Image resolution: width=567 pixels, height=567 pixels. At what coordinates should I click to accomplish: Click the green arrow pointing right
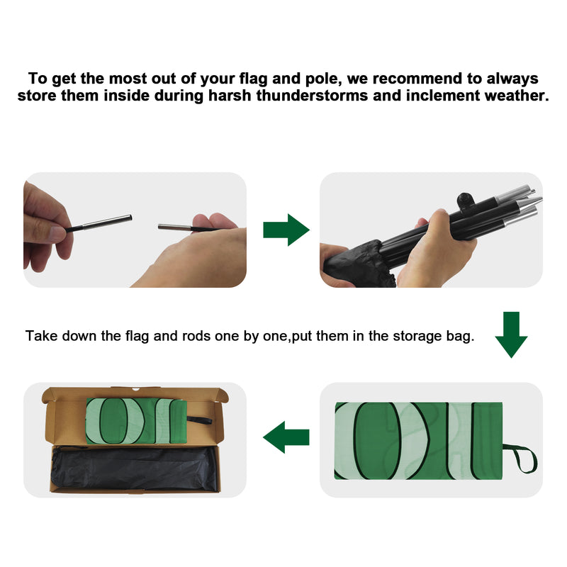tap(286, 230)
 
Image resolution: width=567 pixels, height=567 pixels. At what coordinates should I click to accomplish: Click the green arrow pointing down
tap(511, 335)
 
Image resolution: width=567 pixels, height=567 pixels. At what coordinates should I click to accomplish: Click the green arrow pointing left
tap(286, 437)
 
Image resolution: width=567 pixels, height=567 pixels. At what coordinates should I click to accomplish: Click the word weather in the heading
tap(516, 96)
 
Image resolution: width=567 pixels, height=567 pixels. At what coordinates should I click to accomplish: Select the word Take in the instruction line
tap(42, 336)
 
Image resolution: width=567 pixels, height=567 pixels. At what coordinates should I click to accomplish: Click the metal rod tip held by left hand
tap(108, 222)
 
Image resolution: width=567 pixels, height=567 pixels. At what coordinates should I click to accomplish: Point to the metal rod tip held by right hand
tap(174, 227)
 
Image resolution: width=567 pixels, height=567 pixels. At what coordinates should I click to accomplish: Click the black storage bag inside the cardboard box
tap(135, 469)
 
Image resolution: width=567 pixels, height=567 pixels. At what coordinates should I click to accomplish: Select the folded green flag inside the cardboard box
tap(136, 421)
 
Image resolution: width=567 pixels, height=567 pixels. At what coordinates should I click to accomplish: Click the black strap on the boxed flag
tap(199, 420)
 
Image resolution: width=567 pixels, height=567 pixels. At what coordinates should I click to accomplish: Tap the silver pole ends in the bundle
tap(519, 203)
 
